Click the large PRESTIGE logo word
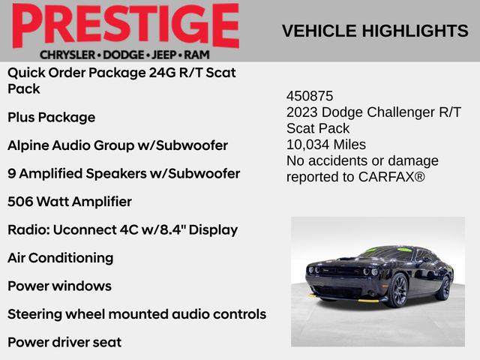pyautogui.click(x=125, y=26)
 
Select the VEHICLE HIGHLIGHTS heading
pyautogui.click(x=375, y=31)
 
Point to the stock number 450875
pyautogui.click(x=310, y=97)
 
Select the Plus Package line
pyautogui.click(x=51, y=117)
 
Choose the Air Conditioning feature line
pyautogui.click(x=60, y=258)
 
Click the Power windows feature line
pyautogui.click(x=59, y=286)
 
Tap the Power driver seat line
pyautogui.click(x=64, y=342)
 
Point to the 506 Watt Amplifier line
pyautogui.click(x=69, y=202)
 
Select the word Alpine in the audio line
pyautogui.click(x=28, y=145)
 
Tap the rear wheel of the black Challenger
pyautogui.click(x=444, y=287)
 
